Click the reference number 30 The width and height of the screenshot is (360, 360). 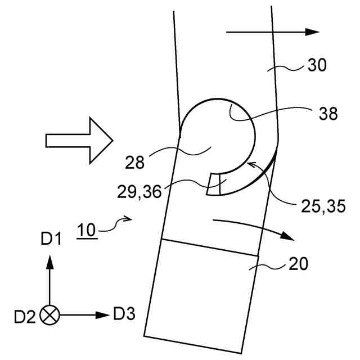[317, 66]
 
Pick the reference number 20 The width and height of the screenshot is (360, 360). [299, 264]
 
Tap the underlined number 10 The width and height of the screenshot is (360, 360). [87, 231]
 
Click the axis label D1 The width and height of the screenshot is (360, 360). [50, 240]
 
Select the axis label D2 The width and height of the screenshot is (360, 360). [25, 317]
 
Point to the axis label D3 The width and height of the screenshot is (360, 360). [124, 313]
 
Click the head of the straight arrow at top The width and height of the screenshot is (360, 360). [312, 32]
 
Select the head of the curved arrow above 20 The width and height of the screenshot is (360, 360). [287, 236]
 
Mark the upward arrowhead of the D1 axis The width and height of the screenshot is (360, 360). [50, 260]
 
